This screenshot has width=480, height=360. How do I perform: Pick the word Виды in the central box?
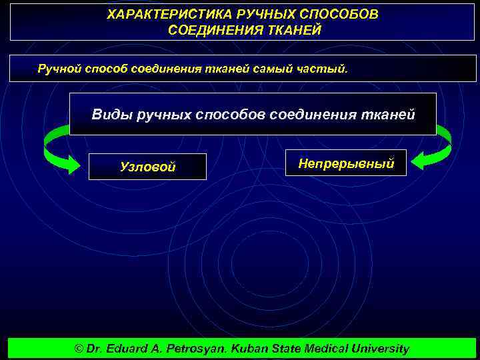pos(111,115)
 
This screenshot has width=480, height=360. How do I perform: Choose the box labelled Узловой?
pos(147,167)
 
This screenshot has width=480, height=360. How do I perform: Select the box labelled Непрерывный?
pos(345,163)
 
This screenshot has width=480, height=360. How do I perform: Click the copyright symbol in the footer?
pos(79,349)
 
